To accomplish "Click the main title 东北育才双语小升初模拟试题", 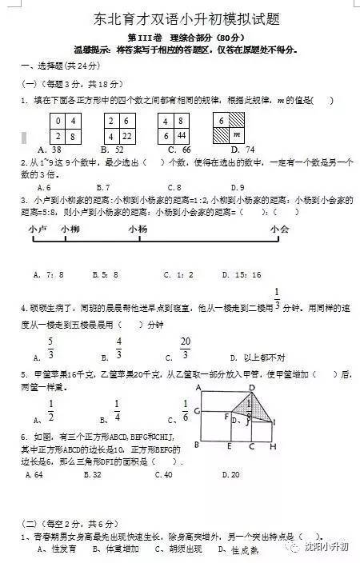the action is click(x=180, y=20).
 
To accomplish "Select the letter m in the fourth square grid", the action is click(x=236, y=137).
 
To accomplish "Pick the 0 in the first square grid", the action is click(x=58, y=121).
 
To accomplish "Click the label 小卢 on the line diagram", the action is click(x=38, y=230).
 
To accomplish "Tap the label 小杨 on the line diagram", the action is click(x=138, y=230).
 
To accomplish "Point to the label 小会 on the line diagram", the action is click(x=279, y=230).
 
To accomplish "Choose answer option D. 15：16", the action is click(x=245, y=275).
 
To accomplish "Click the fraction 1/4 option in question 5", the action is click(x=117, y=411).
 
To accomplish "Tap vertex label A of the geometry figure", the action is click(x=198, y=387).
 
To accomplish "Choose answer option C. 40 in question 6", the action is click(x=162, y=475).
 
